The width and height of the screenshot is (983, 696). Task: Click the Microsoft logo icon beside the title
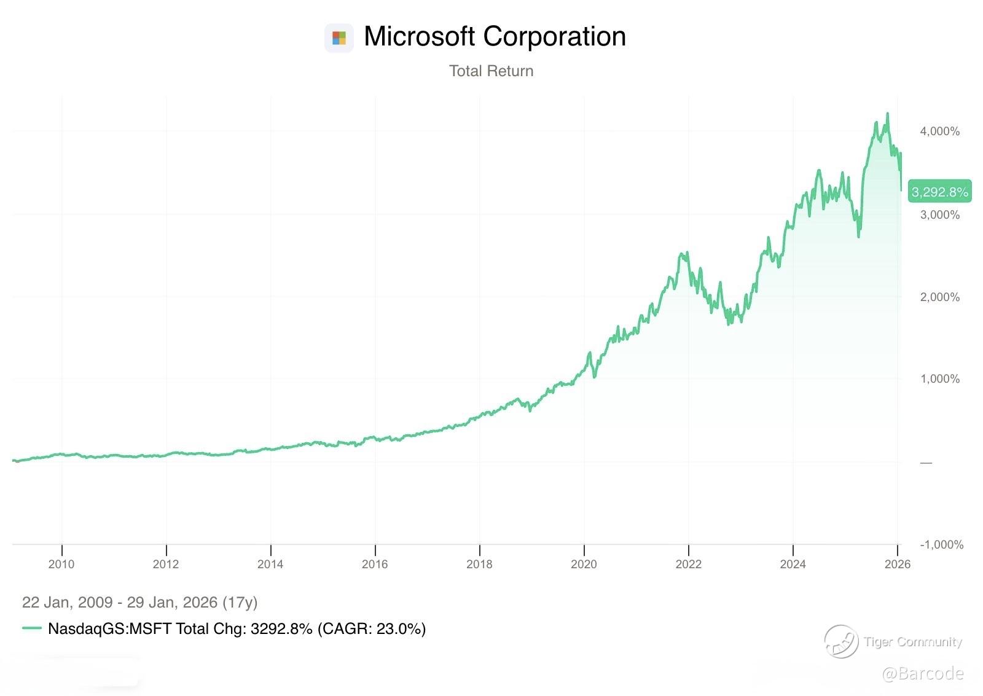click(x=339, y=38)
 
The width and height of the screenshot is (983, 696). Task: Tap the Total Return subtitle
click(x=491, y=71)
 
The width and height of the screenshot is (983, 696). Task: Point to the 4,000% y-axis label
click(x=939, y=131)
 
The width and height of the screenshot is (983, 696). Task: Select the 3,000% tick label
click(x=939, y=215)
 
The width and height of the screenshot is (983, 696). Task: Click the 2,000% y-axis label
click(x=939, y=297)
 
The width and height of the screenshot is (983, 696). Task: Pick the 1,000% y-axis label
click(x=939, y=379)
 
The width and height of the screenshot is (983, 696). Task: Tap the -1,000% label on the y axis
click(x=941, y=545)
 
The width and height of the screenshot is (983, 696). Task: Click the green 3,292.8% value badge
click(x=939, y=192)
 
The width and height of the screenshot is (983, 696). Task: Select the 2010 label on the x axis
click(x=61, y=564)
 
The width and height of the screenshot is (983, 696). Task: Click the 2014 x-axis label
click(x=270, y=564)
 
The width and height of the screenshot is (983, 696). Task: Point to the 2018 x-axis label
click(x=479, y=564)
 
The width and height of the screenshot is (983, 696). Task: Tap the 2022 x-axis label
click(x=688, y=564)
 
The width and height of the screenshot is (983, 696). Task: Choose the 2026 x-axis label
click(x=898, y=564)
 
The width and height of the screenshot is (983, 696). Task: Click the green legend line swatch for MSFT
click(x=31, y=628)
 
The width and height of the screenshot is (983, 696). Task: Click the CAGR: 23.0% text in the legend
click(x=372, y=628)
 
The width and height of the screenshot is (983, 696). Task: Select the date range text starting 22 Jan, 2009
click(x=139, y=602)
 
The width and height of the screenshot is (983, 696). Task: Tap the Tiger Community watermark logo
click(x=840, y=641)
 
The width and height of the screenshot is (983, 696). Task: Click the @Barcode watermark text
click(x=922, y=674)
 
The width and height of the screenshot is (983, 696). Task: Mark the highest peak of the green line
click(x=887, y=114)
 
